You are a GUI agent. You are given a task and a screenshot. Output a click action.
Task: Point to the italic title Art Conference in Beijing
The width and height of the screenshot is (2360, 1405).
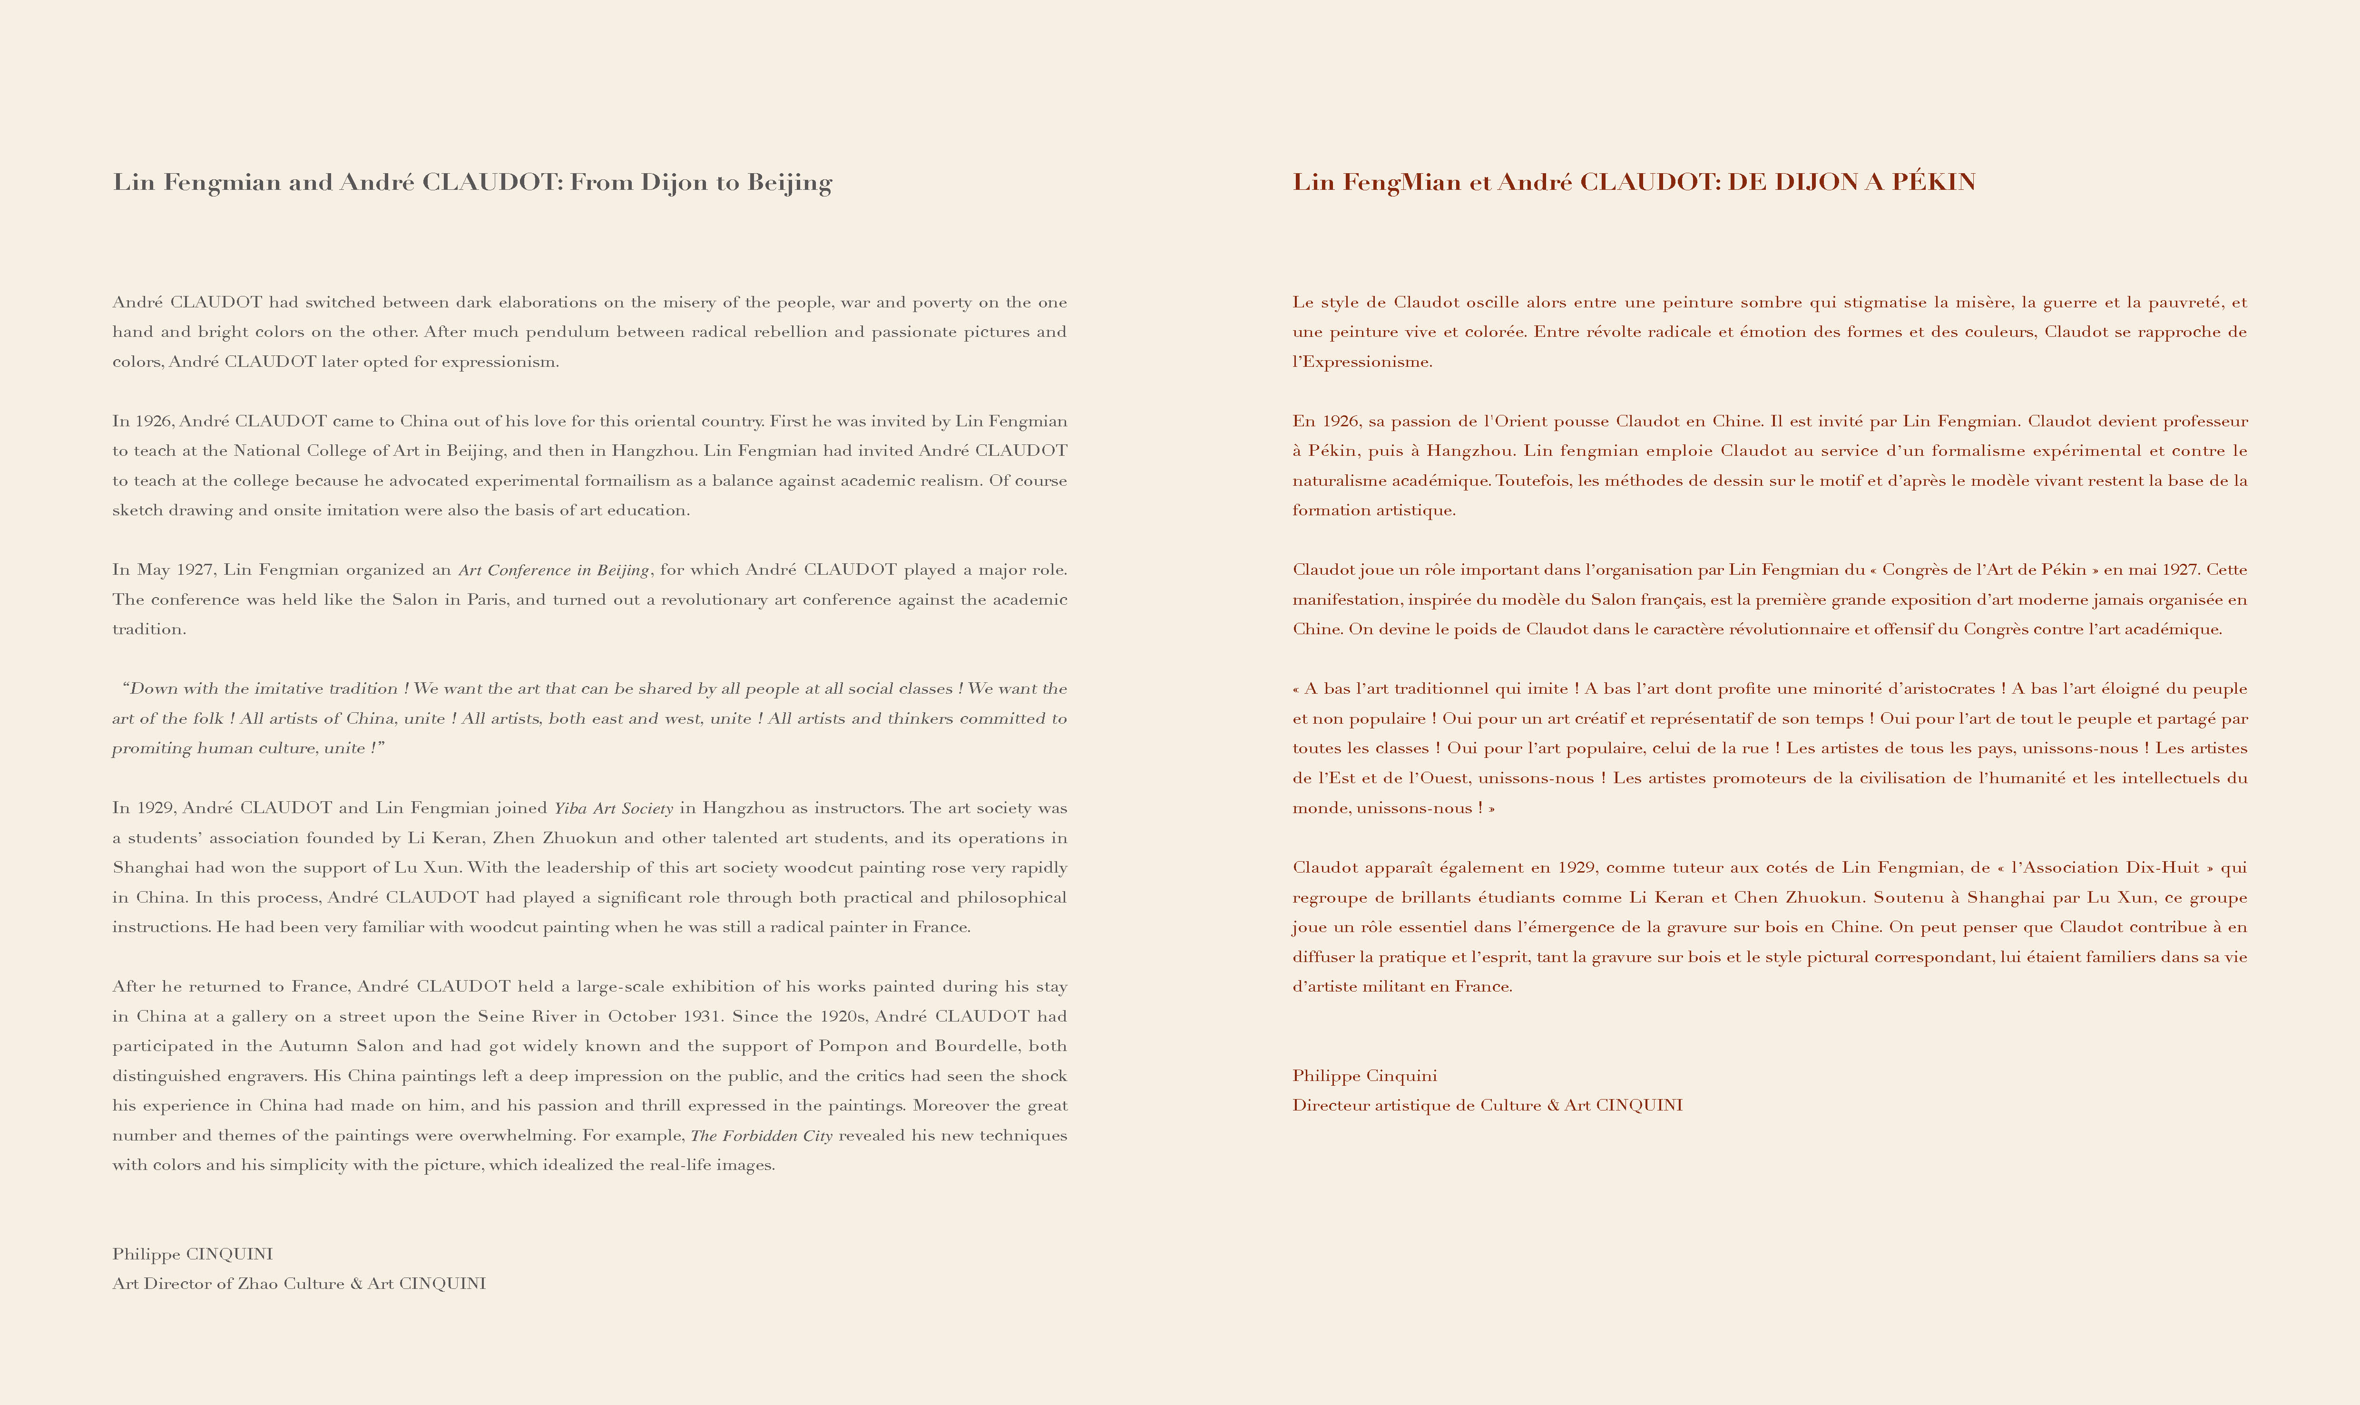tap(554, 570)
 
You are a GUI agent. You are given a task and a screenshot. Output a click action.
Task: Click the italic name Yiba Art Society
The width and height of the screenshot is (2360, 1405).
tap(614, 808)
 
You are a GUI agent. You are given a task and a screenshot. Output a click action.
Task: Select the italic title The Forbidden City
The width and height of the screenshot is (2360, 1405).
tap(761, 1135)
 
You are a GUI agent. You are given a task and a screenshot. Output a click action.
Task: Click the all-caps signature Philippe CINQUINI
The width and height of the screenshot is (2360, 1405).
tap(192, 1255)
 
